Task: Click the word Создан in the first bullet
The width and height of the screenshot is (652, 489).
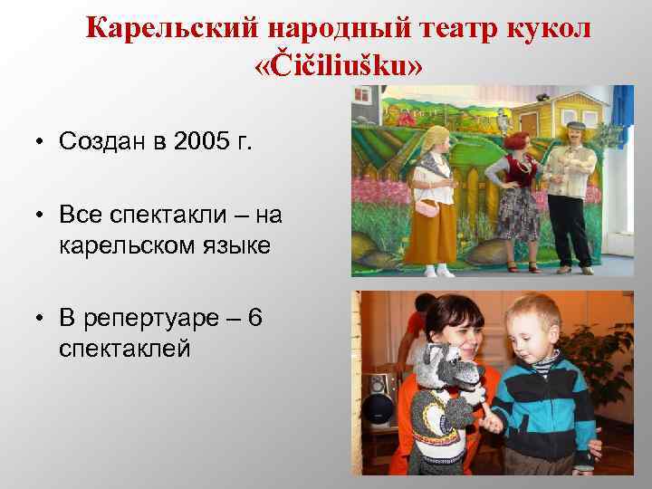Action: (x=98, y=142)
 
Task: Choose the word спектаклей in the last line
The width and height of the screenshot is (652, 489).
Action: (x=126, y=347)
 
